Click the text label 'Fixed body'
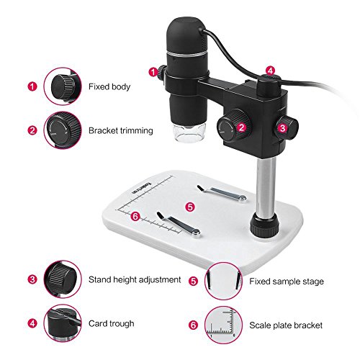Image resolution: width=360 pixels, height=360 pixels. [109, 86]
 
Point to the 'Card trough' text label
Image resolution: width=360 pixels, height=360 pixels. [112, 323]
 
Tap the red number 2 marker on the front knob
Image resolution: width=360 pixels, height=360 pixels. [242, 127]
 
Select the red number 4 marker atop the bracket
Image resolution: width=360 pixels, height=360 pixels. [270, 71]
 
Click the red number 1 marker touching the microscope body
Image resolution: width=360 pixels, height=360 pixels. [153, 71]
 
